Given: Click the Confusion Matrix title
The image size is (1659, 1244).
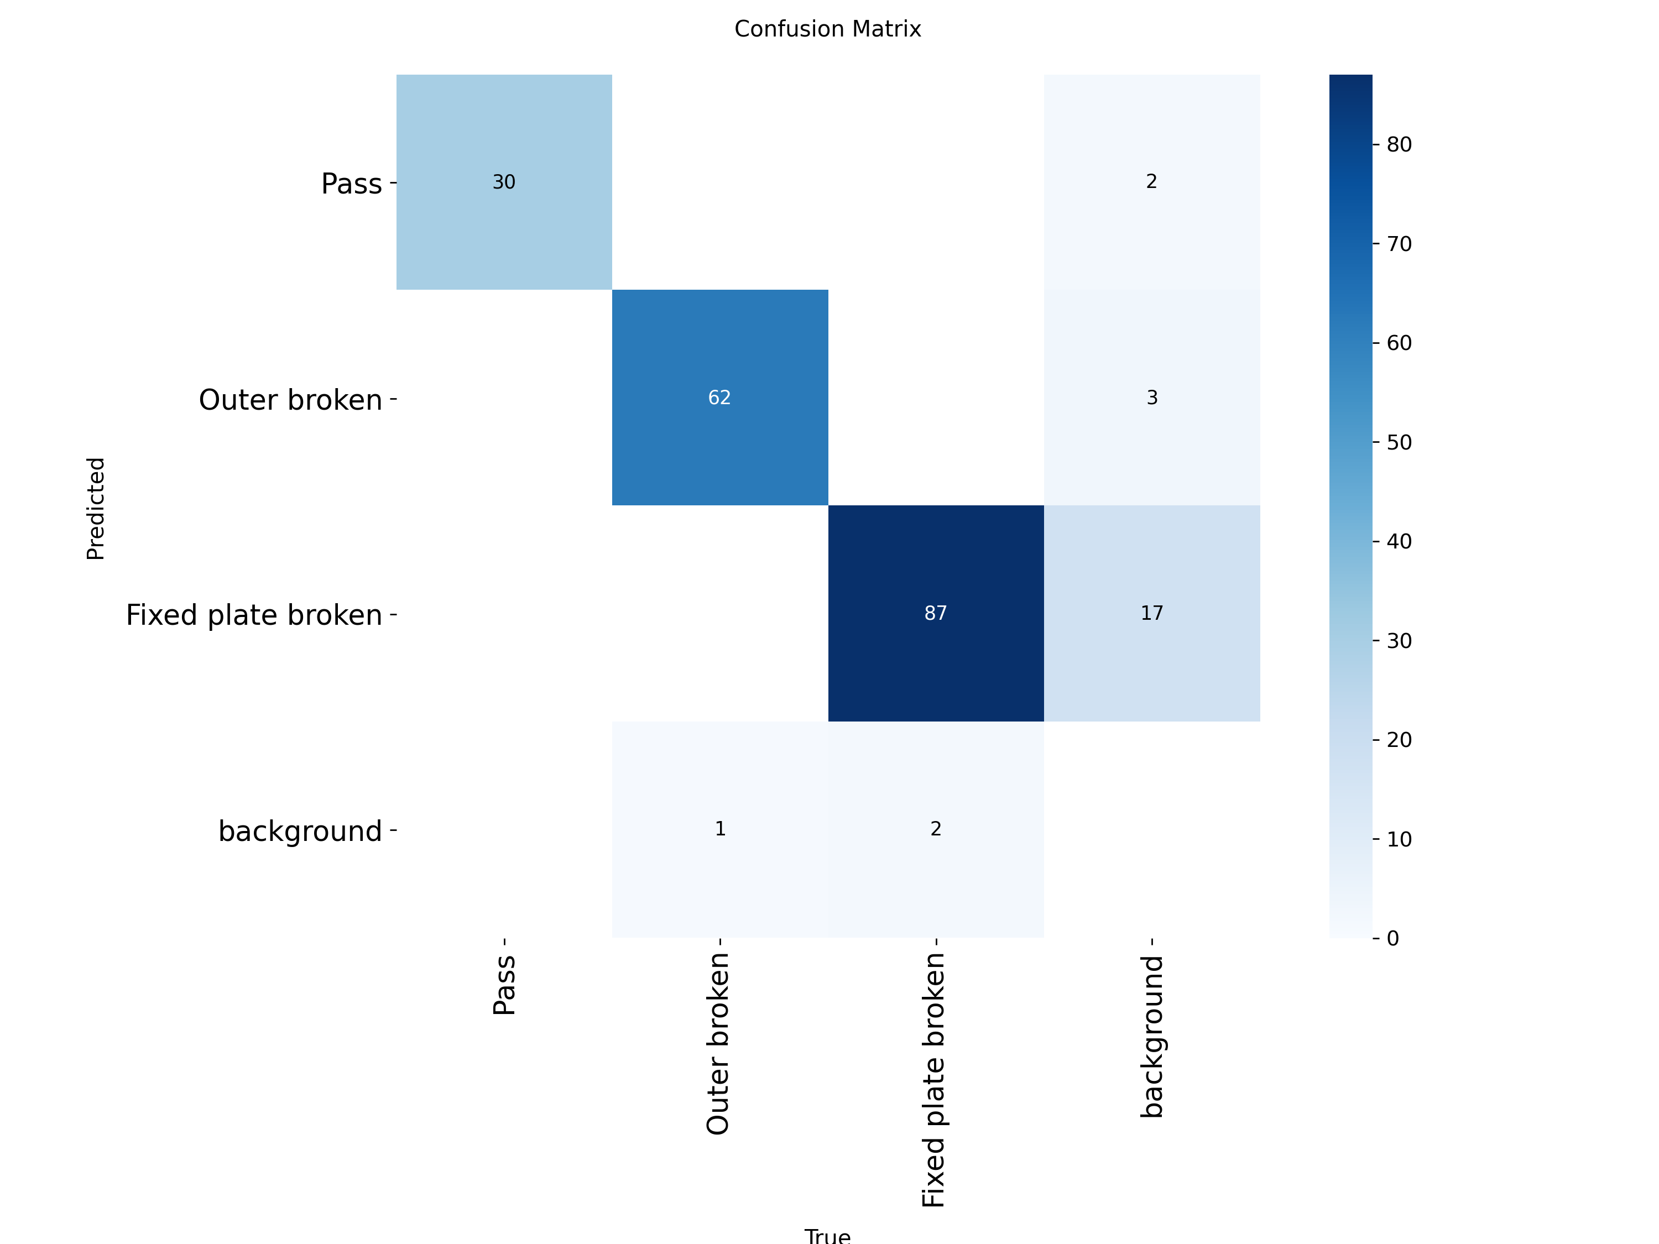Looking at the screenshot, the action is pyautogui.click(x=827, y=29).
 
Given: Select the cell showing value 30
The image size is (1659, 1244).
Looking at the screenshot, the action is pyautogui.click(x=504, y=182).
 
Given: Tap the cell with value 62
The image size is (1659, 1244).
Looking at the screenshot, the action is pyautogui.click(x=720, y=398).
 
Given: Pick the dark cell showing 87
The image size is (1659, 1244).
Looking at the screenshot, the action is pyautogui.click(x=936, y=613).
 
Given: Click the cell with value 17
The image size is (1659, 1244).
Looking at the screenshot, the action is pyautogui.click(x=1152, y=613).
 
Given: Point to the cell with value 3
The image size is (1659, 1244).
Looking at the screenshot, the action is pyautogui.click(x=1152, y=398).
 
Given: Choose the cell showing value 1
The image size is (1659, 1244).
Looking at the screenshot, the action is pyautogui.click(x=720, y=829).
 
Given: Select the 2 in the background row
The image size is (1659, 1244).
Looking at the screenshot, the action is pyautogui.click(x=936, y=829).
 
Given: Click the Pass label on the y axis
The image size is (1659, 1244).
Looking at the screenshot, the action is pyautogui.click(x=352, y=184).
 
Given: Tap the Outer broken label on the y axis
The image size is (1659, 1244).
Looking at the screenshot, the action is pyautogui.click(x=290, y=400).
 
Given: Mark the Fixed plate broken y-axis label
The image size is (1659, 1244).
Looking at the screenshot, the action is pyautogui.click(x=254, y=615).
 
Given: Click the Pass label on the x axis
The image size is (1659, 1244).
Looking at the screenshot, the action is pyautogui.click(x=504, y=985).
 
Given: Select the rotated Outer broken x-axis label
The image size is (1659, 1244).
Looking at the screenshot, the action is pyautogui.click(x=718, y=1044).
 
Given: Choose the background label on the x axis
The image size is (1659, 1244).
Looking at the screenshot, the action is pyautogui.click(x=1152, y=1036).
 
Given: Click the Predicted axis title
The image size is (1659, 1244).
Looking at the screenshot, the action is pyautogui.click(x=96, y=509).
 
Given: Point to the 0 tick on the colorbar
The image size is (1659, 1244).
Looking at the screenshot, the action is pyautogui.click(x=1393, y=938).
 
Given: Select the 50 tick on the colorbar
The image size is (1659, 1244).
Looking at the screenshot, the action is pyautogui.click(x=1399, y=442).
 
